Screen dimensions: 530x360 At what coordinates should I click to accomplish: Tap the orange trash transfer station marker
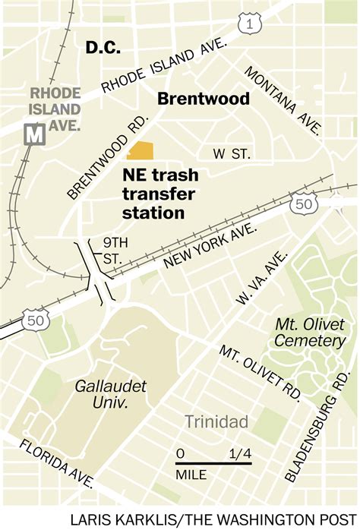[141, 150]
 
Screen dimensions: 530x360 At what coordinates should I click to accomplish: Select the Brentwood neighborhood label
[203, 99]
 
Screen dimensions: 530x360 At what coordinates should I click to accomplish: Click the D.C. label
[104, 47]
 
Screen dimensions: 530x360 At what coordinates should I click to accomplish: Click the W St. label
[231, 154]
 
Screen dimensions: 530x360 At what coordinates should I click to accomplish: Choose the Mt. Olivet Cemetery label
[309, 332]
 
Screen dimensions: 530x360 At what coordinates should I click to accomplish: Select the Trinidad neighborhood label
[216, 421]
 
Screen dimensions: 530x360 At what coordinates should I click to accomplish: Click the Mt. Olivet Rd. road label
[261, 372]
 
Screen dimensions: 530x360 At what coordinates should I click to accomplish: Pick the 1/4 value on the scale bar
[239, 456]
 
